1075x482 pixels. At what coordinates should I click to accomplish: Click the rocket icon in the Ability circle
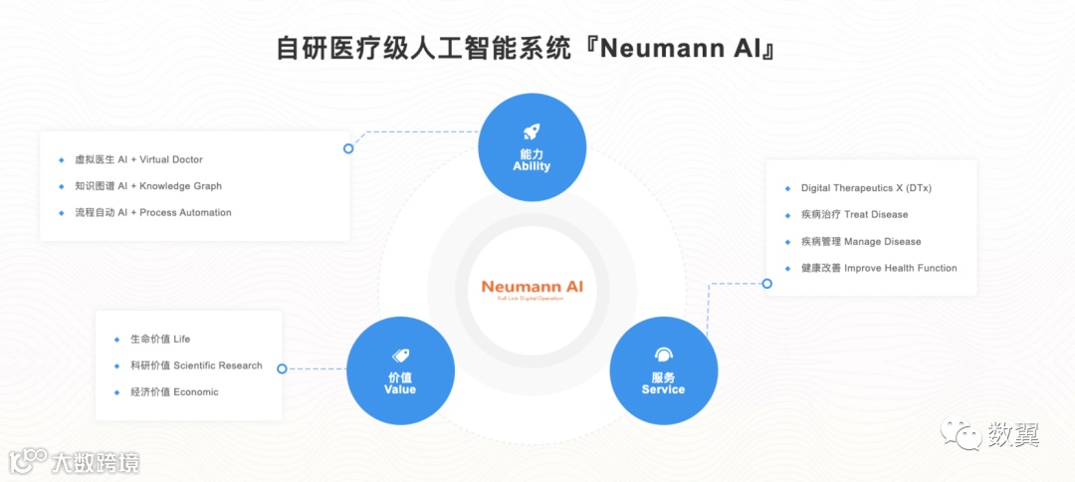point(531,132)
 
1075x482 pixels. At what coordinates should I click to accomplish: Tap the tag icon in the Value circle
point(400,355)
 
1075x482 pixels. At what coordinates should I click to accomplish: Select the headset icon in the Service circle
point(663,355)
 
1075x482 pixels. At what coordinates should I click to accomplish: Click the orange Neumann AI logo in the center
point(533,287)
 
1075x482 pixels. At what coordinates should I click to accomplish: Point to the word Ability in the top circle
point(532,166)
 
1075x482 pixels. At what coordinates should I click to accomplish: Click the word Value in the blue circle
point(400,389)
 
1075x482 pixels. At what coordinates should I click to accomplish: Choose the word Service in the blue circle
point(663,389)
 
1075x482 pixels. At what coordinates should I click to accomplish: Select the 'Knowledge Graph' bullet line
point(148,186)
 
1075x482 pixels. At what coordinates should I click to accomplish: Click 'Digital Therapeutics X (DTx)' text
point(866,188)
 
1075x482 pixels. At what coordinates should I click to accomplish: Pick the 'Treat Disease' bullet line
point(854,214)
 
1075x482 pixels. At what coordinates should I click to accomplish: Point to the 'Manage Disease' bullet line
point(861,241)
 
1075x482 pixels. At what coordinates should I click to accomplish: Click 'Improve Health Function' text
point(879,268)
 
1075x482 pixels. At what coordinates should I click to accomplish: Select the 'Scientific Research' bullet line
point(196,365)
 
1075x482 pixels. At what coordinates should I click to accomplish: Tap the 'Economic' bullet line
point(174,392)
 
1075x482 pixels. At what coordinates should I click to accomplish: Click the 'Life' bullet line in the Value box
point(159,340)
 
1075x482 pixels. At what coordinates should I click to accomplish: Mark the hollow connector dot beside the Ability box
point(348,148)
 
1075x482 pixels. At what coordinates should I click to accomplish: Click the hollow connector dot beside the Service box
point(766,284)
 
